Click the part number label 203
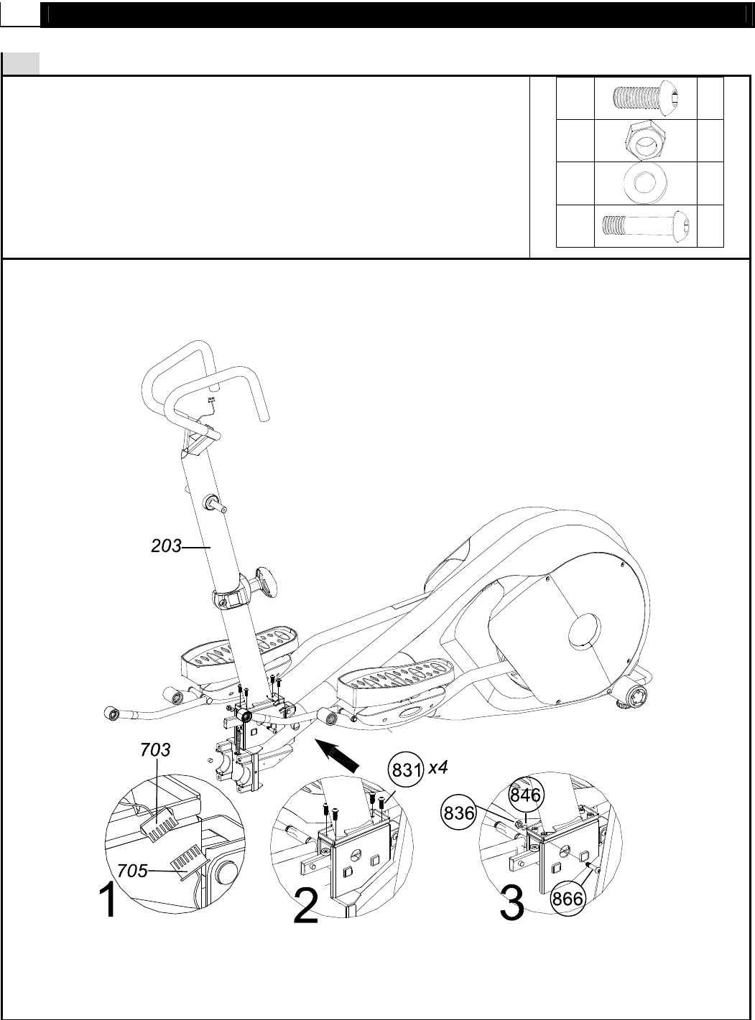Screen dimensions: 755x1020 (x=166, y=546)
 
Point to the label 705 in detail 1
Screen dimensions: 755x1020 (x=132, y=871)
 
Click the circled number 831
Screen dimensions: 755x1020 (x=406, y=769)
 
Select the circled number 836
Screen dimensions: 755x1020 (x=458, y=813)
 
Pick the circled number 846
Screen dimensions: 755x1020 (x=526, y=794)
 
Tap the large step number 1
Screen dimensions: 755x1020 (x=108, y=902)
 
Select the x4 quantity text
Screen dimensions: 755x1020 (x=437, y=767)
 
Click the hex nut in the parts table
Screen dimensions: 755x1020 (x=646, y=140)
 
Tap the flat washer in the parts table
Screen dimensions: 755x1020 (x=645, y=182)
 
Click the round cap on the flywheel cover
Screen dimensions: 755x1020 (x=585, y=632)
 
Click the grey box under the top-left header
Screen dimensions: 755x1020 (x=21, y=63)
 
